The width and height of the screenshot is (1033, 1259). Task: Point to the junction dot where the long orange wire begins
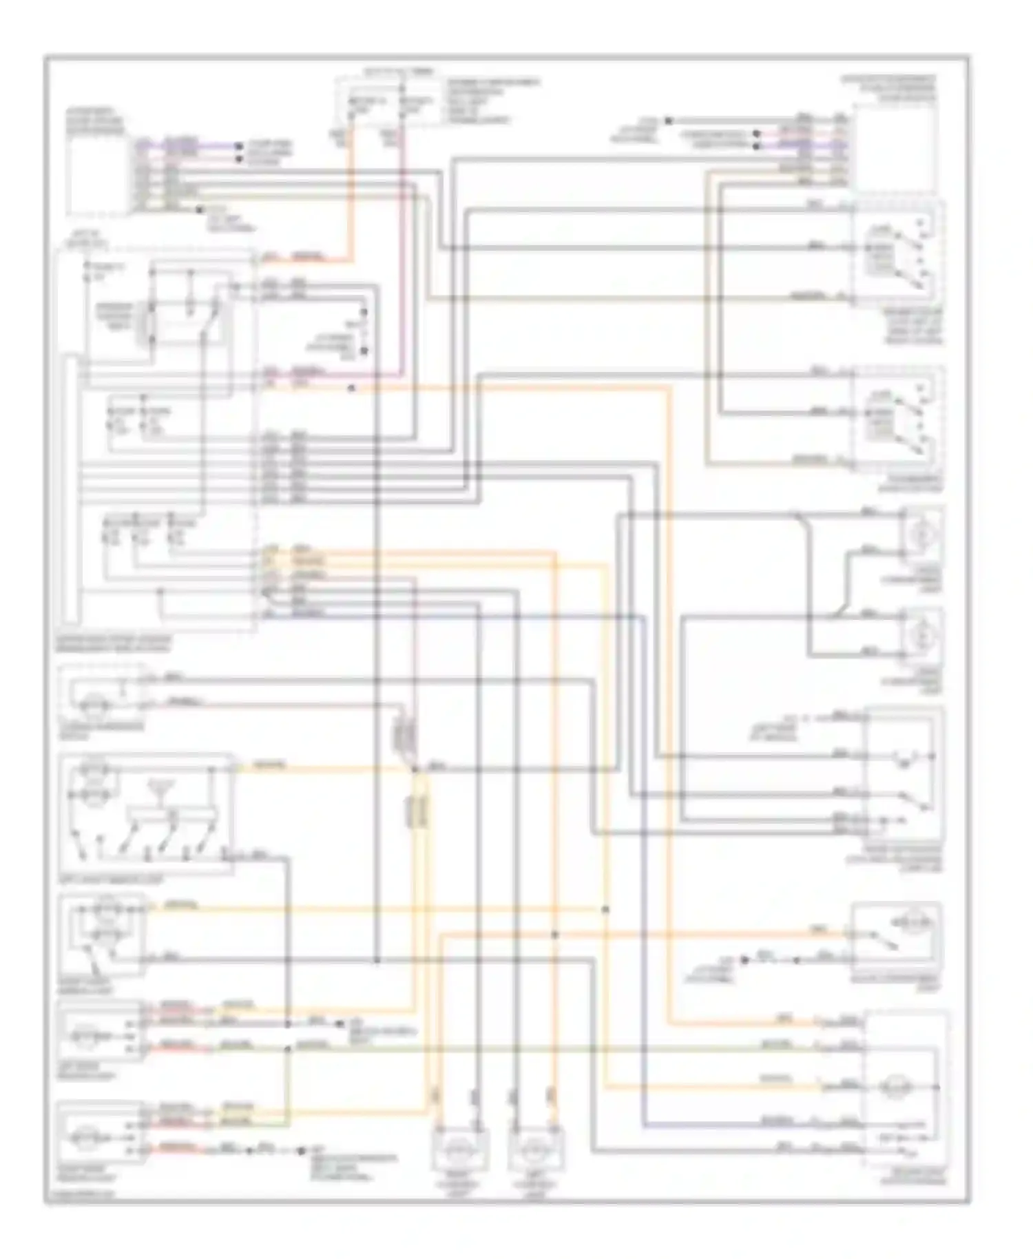click(351, 389)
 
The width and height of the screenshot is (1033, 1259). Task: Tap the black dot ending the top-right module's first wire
click(667, 121)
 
